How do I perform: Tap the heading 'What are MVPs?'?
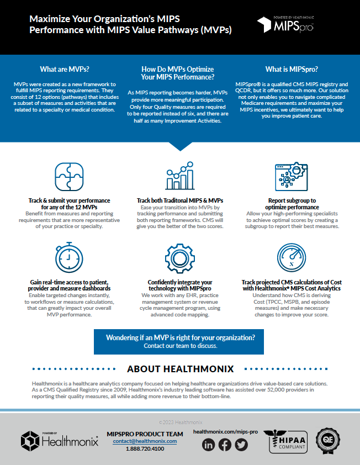pyautogui.click(x=65, y=70)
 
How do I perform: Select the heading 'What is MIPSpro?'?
pyautogui.click(x=291, y=70)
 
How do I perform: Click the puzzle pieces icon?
pyautogui.click(x=69, y=176)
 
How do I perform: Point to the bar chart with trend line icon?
pyautogui.click(x=179, y=176)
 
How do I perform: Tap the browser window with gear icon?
pyautogui.click(x=291, y=176)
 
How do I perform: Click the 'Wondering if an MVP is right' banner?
pyautogui.click(x=180, y=341)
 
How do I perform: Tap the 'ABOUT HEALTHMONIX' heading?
pyautogui.click(x=180, y=368)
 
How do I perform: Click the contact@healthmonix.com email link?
pyautogui.click(x=145, y=441)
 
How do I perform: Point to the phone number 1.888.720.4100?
pyautogui.click(x=145, y=449)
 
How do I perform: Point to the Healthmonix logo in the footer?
pyautogui.click(x=60, y=441)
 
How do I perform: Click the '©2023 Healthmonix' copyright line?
pyautogui.click(x=180, y=421)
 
